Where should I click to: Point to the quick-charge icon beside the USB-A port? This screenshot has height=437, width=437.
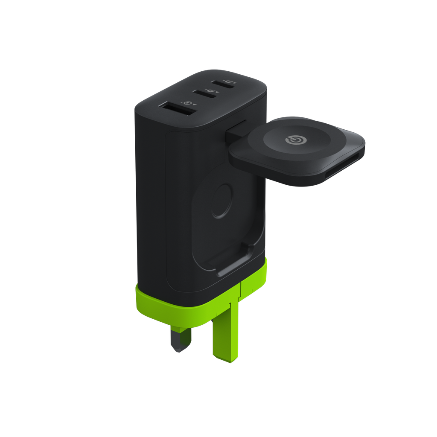(187, 103)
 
